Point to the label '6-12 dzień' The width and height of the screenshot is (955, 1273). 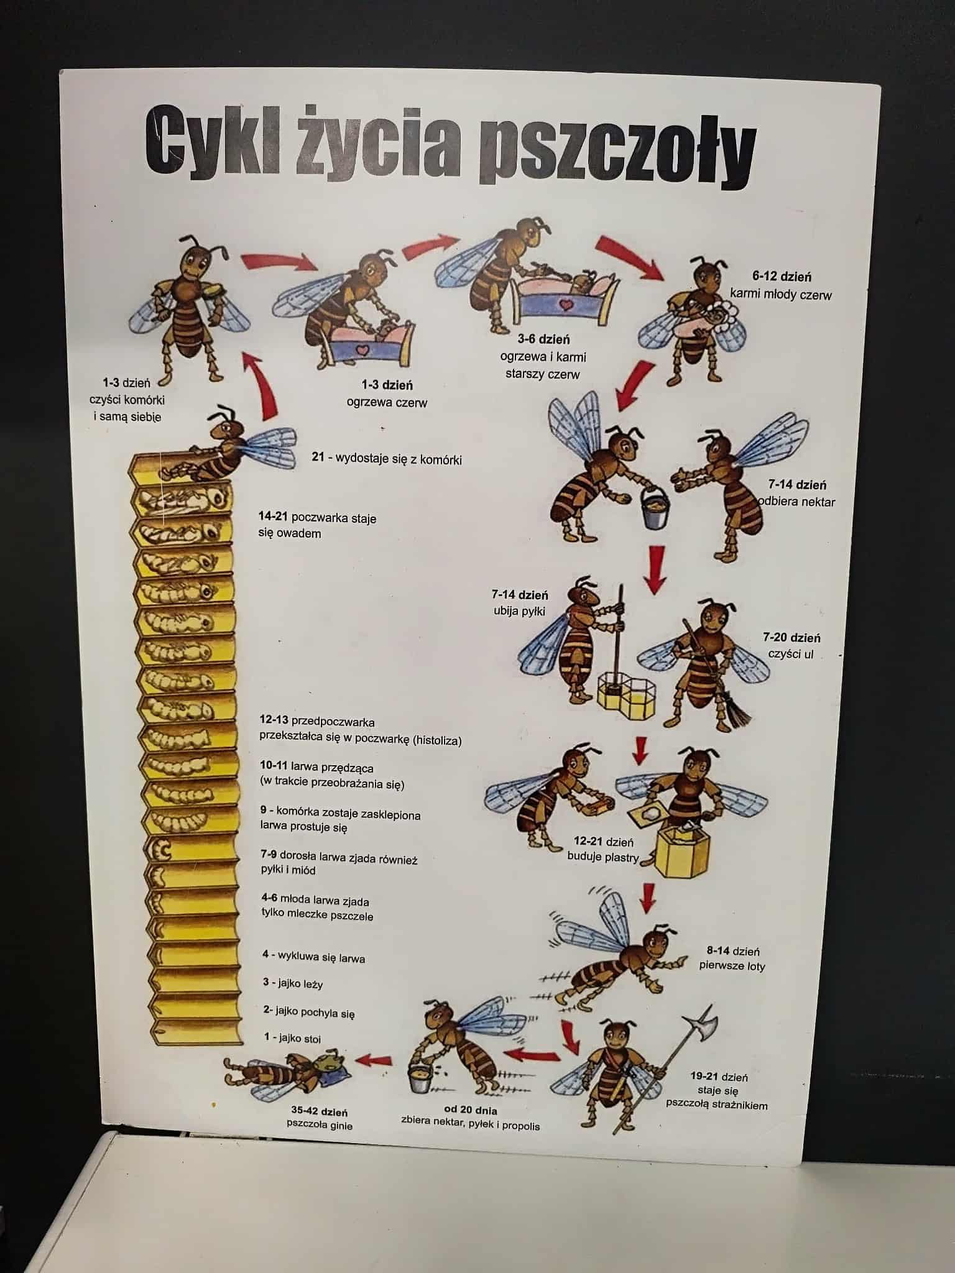click(x=781, y=277)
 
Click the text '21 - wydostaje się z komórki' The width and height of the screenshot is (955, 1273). click(x=386, y=459)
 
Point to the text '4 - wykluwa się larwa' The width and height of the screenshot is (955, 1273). click(x=313, y=957)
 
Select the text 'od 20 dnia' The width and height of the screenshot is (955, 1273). click(x=470, y=1110)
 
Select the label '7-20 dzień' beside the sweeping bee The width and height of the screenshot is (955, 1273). click(x=791, y=637)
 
